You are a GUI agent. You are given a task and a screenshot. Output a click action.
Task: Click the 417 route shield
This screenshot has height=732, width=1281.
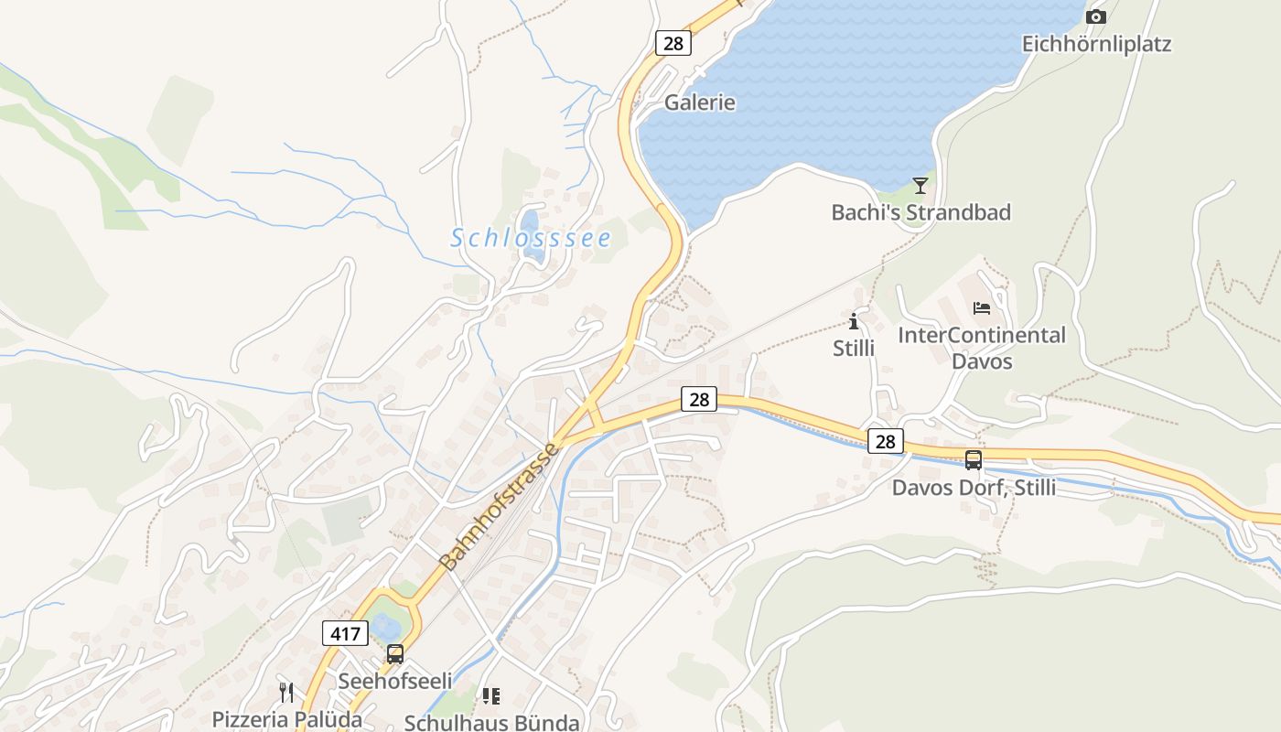coord(345,632)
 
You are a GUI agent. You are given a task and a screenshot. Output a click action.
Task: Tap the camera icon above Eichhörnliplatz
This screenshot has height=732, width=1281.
coord(1095,16)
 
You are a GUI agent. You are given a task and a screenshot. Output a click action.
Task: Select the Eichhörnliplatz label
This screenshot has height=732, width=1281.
coord(1096,44)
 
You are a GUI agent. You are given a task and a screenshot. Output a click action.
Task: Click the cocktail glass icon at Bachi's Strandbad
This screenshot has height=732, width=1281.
coord(920,186)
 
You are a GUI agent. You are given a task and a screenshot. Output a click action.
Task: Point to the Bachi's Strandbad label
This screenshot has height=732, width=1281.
coord(920,212)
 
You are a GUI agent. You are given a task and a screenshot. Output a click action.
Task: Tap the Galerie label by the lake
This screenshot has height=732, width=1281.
coord(700,102)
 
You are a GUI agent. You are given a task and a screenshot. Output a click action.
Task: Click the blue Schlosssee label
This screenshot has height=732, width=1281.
coord(531,239)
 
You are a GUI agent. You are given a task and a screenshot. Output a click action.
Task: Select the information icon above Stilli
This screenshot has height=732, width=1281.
coord(854,321)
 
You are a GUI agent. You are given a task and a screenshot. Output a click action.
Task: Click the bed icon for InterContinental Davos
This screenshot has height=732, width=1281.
coord(982,307)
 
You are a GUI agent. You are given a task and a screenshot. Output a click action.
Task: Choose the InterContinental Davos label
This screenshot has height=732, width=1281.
coord(982,348)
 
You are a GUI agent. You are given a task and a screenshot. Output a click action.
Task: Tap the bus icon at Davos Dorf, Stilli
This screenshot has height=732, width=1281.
coord(974,460)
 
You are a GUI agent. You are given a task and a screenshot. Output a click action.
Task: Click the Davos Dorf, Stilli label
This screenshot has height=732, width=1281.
coord(974,488)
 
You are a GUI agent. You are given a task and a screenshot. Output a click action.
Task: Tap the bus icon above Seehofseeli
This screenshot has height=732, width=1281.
coord(395,654)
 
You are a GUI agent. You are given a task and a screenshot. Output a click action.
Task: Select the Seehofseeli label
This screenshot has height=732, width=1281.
coord(395,681)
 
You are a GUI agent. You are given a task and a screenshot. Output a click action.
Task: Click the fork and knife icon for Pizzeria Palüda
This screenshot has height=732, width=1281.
coord(287,692)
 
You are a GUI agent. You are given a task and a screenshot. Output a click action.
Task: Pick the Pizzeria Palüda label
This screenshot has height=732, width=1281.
coord(287,719)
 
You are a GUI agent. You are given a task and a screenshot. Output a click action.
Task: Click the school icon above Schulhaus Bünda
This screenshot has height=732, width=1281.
coord(491,696)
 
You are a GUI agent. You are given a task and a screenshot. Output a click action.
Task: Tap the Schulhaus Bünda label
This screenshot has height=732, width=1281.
coord(491,722)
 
